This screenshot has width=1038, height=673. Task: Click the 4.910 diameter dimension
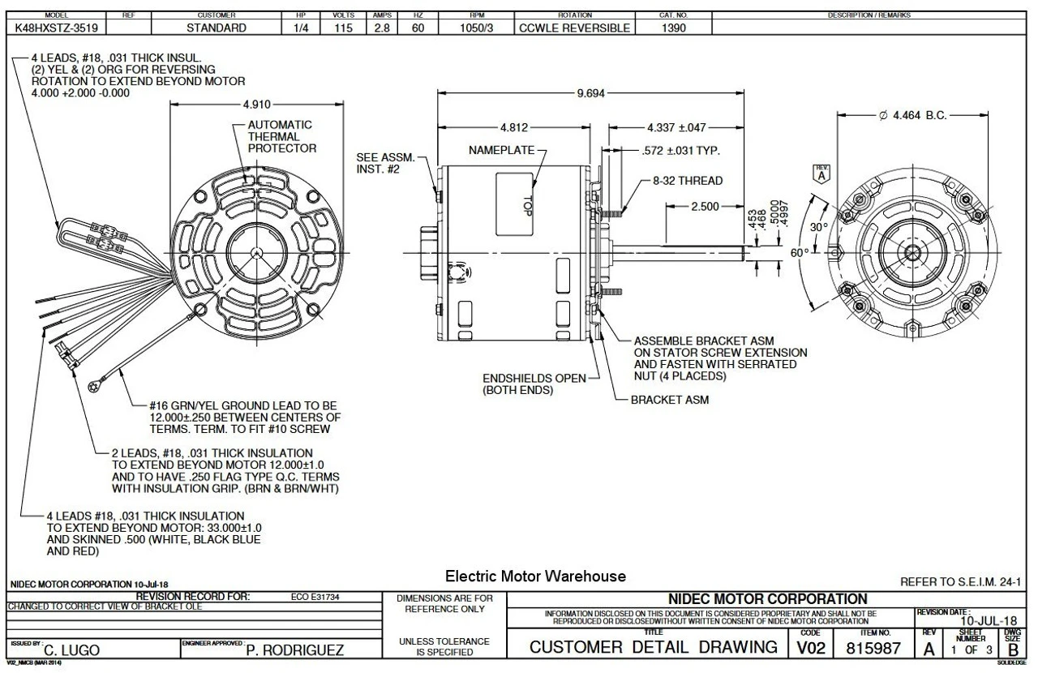(256, 105)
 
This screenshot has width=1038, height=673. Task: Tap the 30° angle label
(819, 227)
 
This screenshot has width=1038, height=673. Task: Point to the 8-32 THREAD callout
(687, 180)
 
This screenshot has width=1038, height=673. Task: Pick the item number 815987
(869, 649)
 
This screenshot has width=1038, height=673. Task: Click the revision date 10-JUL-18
(987, 621)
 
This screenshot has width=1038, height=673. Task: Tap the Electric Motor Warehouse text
(535, 577)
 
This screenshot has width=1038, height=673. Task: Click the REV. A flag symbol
(821, 174)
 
